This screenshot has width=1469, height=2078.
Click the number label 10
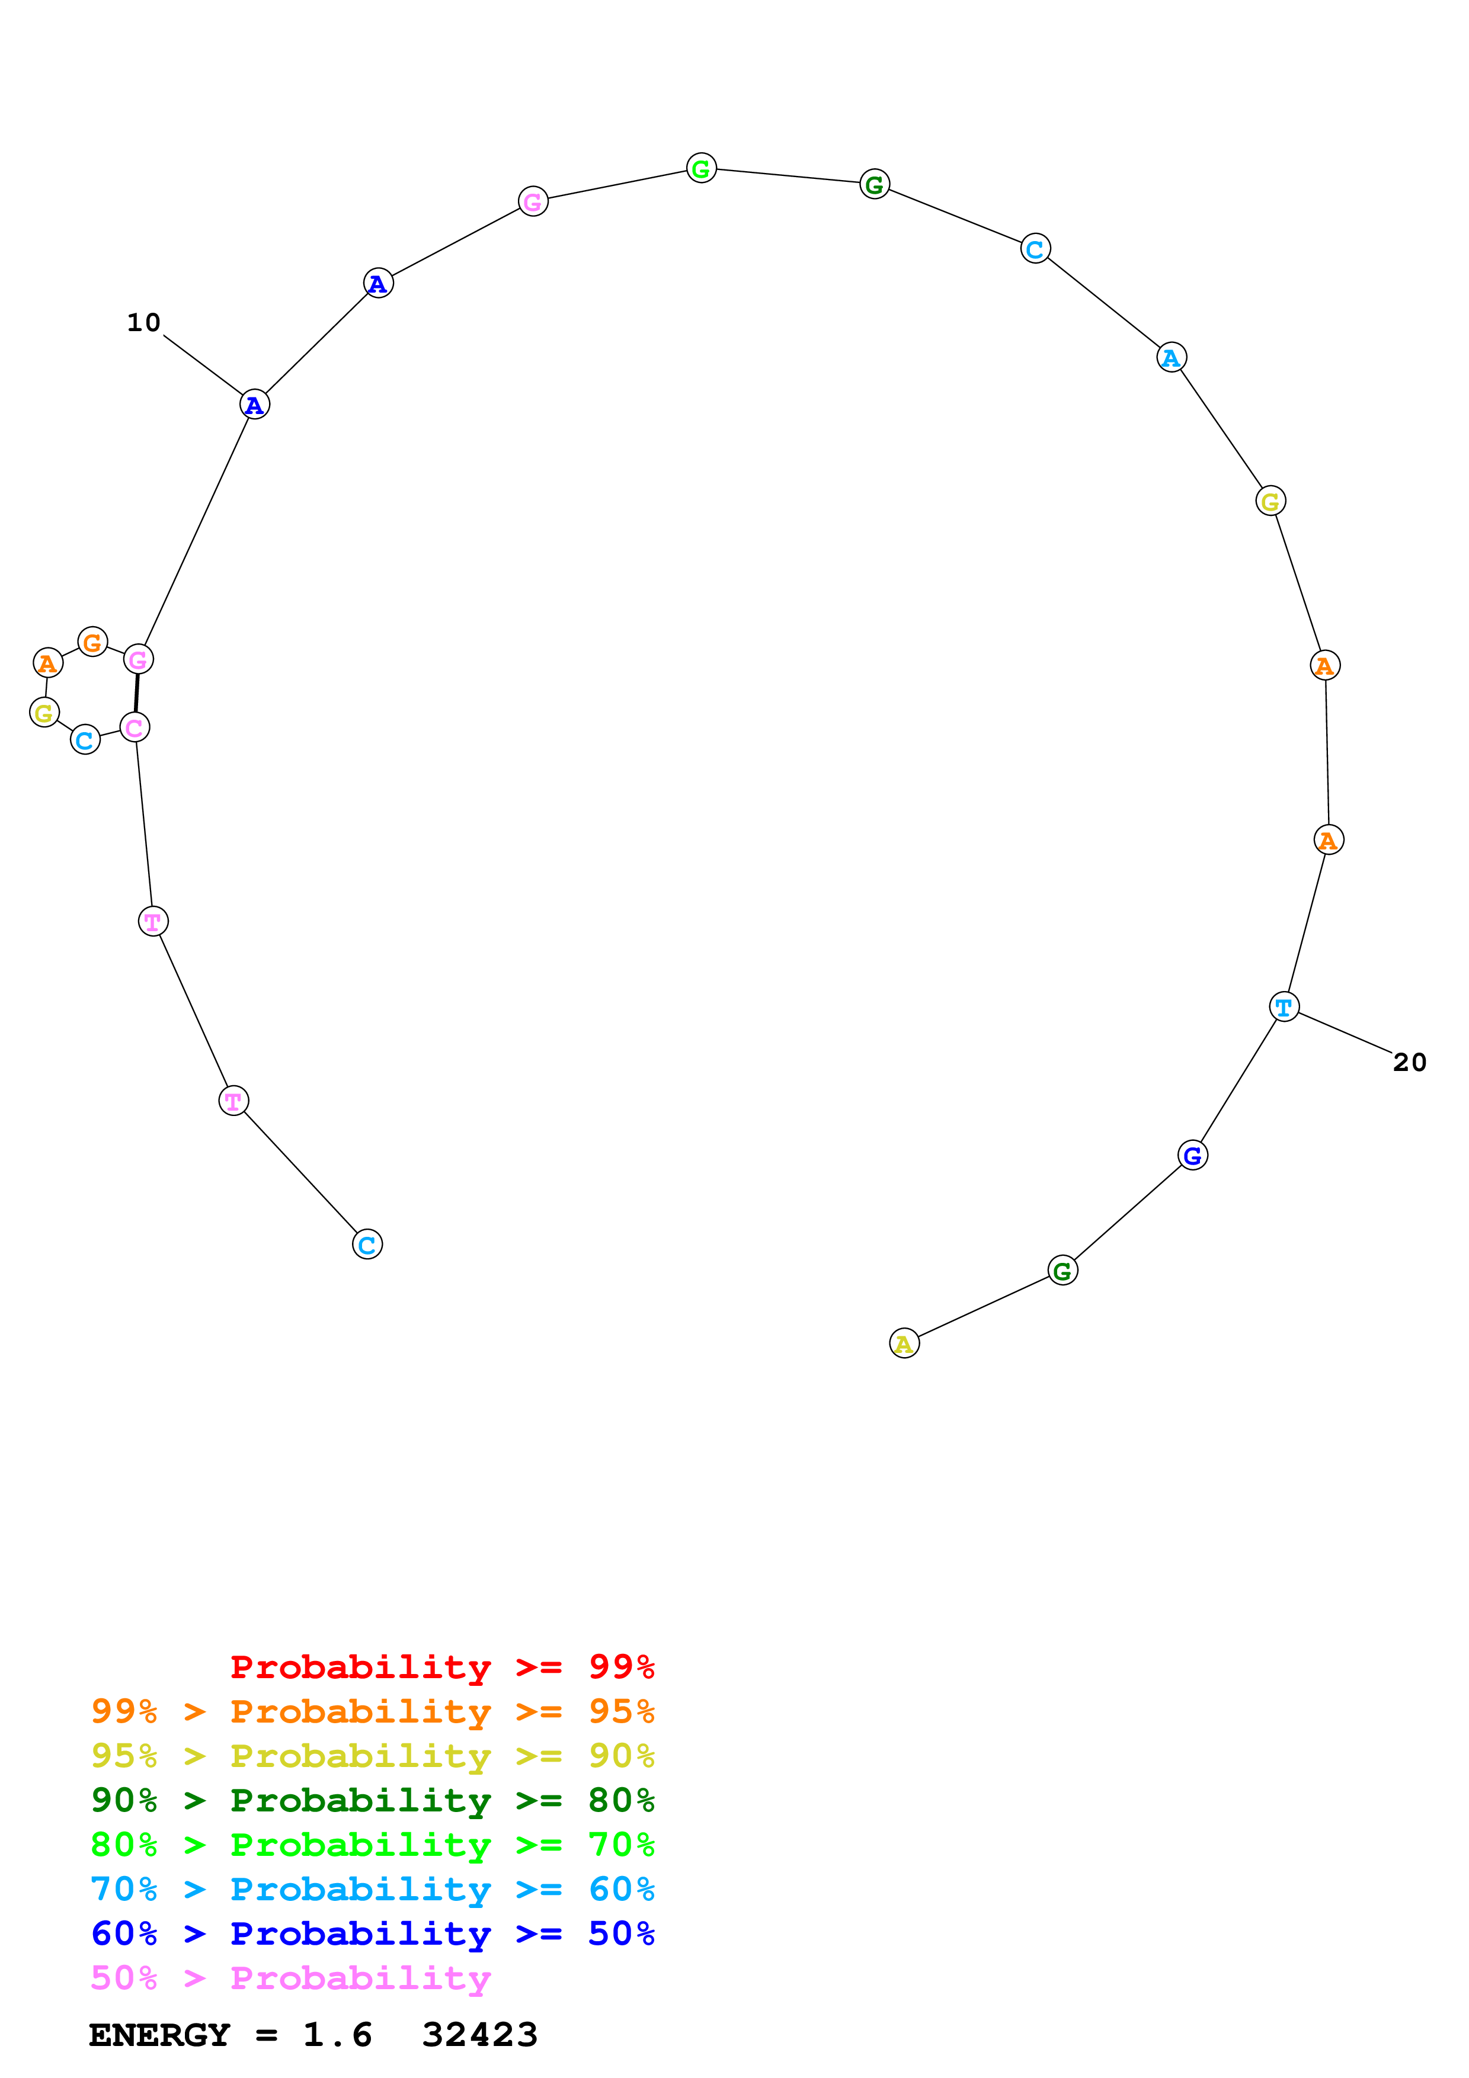143,322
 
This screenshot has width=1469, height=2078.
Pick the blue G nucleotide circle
1192,1155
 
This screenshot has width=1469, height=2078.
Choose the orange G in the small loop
92,643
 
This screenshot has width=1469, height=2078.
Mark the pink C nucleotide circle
135,727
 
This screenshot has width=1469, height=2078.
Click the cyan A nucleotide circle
1171,358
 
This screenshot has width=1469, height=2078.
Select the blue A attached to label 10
254,405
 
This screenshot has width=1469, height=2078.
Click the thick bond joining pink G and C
137,693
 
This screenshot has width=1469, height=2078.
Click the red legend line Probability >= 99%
441,1666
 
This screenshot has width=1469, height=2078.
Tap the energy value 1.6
337,2035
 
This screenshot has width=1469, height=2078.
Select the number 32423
480,2035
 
